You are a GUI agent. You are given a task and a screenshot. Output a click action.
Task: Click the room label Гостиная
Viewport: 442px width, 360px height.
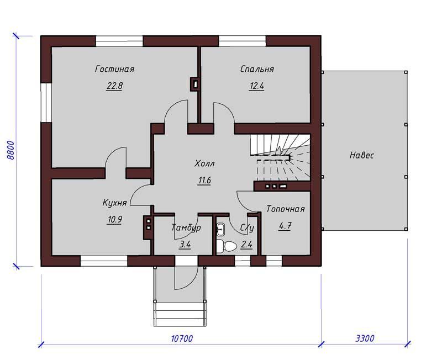[114, 69]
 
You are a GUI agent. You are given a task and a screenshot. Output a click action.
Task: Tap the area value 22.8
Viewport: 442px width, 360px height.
[114, 86]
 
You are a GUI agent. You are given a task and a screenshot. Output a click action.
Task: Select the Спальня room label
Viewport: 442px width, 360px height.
[257, 69]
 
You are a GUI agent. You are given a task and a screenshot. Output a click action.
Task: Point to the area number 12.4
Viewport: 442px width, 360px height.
[256, 86]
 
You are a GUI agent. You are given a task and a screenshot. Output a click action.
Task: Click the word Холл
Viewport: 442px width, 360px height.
[204, 163]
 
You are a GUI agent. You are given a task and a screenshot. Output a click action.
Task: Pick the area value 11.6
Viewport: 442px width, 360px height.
[204, 180]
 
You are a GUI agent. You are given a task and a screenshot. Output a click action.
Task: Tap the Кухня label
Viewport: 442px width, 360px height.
[114, 203]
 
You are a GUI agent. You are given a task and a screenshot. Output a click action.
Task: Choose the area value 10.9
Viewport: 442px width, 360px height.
[114, 219]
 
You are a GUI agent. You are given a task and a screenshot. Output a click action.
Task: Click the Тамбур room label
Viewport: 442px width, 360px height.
[186, 227]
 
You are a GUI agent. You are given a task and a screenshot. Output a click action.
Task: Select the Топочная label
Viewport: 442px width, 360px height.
[286, 209]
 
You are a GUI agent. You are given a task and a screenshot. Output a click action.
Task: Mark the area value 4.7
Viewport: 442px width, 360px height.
[285, 226]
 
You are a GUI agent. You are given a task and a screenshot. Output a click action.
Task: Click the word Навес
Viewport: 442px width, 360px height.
[362, 155]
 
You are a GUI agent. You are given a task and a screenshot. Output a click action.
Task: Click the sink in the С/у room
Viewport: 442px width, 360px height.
[220, 229]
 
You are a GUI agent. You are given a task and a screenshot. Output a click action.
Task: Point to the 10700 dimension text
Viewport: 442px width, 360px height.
[182, 338]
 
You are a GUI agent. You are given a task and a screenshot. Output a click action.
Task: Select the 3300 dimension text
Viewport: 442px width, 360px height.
[365, 338]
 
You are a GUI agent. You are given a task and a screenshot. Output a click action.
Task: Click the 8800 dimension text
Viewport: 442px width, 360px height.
[10, 150]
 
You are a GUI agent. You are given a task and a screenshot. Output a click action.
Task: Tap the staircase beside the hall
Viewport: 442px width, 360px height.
[280, 158]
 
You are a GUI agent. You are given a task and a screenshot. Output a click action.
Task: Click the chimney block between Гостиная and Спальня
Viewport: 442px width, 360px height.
[196, 84]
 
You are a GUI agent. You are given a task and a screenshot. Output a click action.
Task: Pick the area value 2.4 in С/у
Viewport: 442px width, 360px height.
[246, 245]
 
